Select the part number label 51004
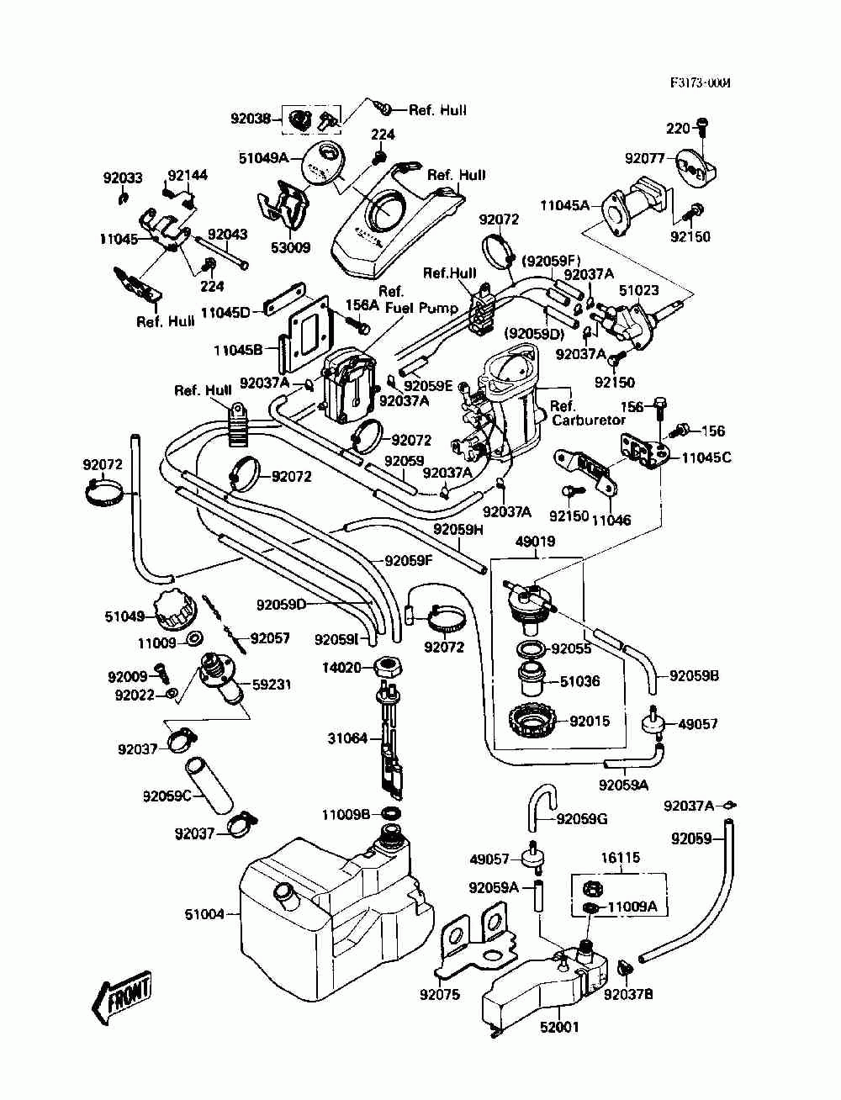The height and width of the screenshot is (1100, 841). [204, 914]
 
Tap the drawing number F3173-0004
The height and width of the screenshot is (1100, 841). [701, 82]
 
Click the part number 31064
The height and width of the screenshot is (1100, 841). [348, 738]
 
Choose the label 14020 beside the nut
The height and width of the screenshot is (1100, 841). [341, 668]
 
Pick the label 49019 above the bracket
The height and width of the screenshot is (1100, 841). [536, 542]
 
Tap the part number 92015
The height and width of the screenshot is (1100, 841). [590, 721]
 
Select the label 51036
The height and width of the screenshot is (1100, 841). [580, 681]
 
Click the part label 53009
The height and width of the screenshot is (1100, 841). [291, 247]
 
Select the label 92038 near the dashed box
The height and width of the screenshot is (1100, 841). [251, 119]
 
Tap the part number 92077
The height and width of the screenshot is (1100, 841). [644, 158]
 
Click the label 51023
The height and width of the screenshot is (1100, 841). [639, 290]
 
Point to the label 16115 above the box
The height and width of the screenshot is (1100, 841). [621, 858]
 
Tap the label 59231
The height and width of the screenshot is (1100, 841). [271, 684]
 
